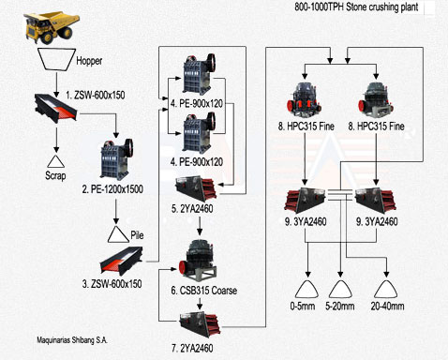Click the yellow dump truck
coord(52,27)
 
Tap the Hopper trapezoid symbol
coord(56,59)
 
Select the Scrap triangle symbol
coord(56,161)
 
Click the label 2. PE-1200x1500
coord(112,189)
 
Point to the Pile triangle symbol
coord(118,234)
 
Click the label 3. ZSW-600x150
coord(112,284)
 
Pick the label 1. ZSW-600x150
coord(96,95)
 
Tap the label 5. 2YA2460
coord(192,209)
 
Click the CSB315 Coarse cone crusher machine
coord(198,261)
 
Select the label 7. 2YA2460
coord(192,348)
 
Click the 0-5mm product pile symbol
coord(306,289)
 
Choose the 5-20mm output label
coord(340,306)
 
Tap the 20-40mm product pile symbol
coord(386,289)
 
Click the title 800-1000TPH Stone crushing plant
coord(356,7)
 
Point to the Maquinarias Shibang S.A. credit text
coord(72,340)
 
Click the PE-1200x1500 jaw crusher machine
coord(116,159)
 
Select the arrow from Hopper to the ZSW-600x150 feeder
coord(56,84)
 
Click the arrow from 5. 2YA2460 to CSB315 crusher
coord(200,225)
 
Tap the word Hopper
coord(89,61)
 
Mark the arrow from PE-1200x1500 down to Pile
coord(116,211)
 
